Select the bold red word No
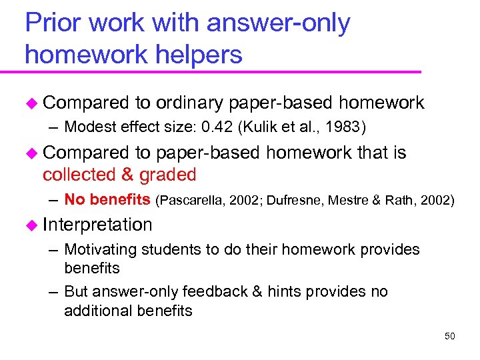click(75, 199)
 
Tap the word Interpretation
click(97, 224)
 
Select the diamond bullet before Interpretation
click(31, 225)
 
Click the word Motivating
click(100, 249)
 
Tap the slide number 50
click(449, 336)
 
